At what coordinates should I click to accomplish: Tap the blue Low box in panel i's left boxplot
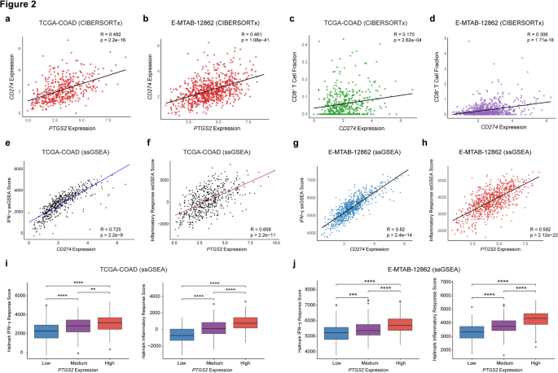[x=46, y=331]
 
